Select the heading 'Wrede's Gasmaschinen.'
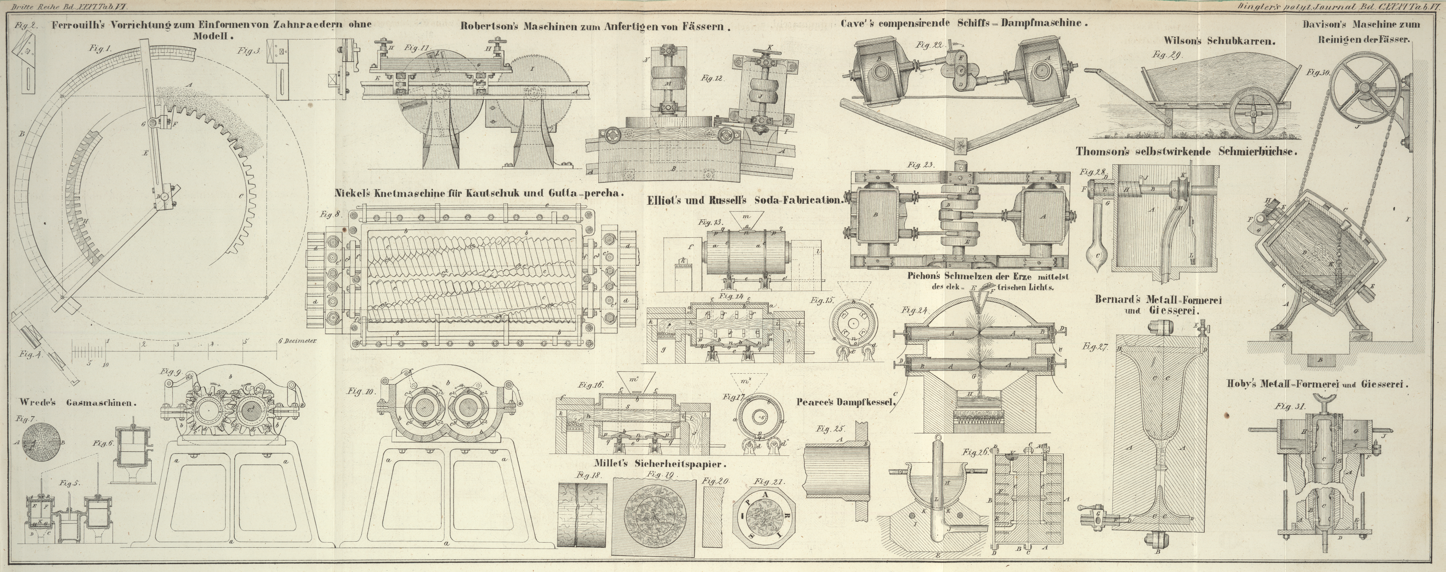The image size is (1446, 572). pos(78,402)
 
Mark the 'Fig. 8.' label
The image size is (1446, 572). pos(331,213)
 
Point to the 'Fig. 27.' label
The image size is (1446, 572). pos(1094,347)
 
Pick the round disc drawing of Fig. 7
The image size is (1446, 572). pos(40,442)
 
